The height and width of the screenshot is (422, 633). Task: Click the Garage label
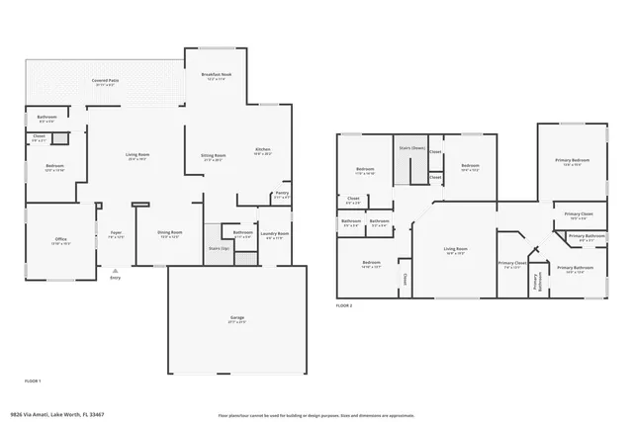tap(236, 318)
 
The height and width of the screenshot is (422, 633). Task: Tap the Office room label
tap(60, 239)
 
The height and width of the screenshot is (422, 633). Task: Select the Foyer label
tap(116, 234)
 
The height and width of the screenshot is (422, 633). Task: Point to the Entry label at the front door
tap(116, 278)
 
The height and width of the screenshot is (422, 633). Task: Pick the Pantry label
tap(281, 195)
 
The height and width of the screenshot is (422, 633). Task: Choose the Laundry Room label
tap(275, 234)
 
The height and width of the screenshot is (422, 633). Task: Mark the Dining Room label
tap(169, 234)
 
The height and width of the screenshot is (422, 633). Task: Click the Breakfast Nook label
tap(216, 76)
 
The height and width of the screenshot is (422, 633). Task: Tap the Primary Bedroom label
tap(572, 161)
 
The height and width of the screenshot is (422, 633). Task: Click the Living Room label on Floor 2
tap(454, 250)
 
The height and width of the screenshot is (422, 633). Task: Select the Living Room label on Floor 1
tap(136, 155)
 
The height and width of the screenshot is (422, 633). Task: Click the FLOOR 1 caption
tap(33, 380)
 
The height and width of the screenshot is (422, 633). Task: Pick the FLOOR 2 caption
tap(343, 305)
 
